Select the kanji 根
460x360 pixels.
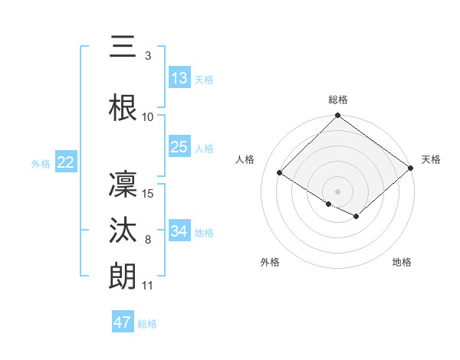pos(123,108)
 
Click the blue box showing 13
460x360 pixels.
pos(179,78)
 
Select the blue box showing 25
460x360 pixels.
pos(179,147)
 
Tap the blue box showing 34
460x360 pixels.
pos(179,231)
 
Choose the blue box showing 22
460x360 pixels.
pos(66,162)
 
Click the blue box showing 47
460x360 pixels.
pos(123,322)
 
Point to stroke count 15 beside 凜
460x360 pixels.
pos(149,193)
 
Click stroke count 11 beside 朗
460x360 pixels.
pos(149,286)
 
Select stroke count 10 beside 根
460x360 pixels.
pos(148,117)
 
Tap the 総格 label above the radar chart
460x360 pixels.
pos(338,100)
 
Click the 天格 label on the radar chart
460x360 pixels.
pos(432,159)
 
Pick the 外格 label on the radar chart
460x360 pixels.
pos(270,262)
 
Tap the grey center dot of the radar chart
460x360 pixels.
pos(338,191)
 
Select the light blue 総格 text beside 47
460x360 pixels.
pos(148,324)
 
